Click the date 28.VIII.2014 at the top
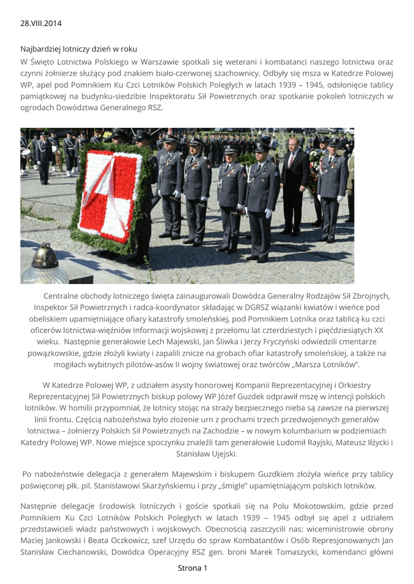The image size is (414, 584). [x=41, y=23]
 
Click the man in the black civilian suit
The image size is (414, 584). [x=295, y=182]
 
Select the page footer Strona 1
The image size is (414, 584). [x=192, y=568]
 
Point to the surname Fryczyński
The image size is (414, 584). [x=256, y=342]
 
